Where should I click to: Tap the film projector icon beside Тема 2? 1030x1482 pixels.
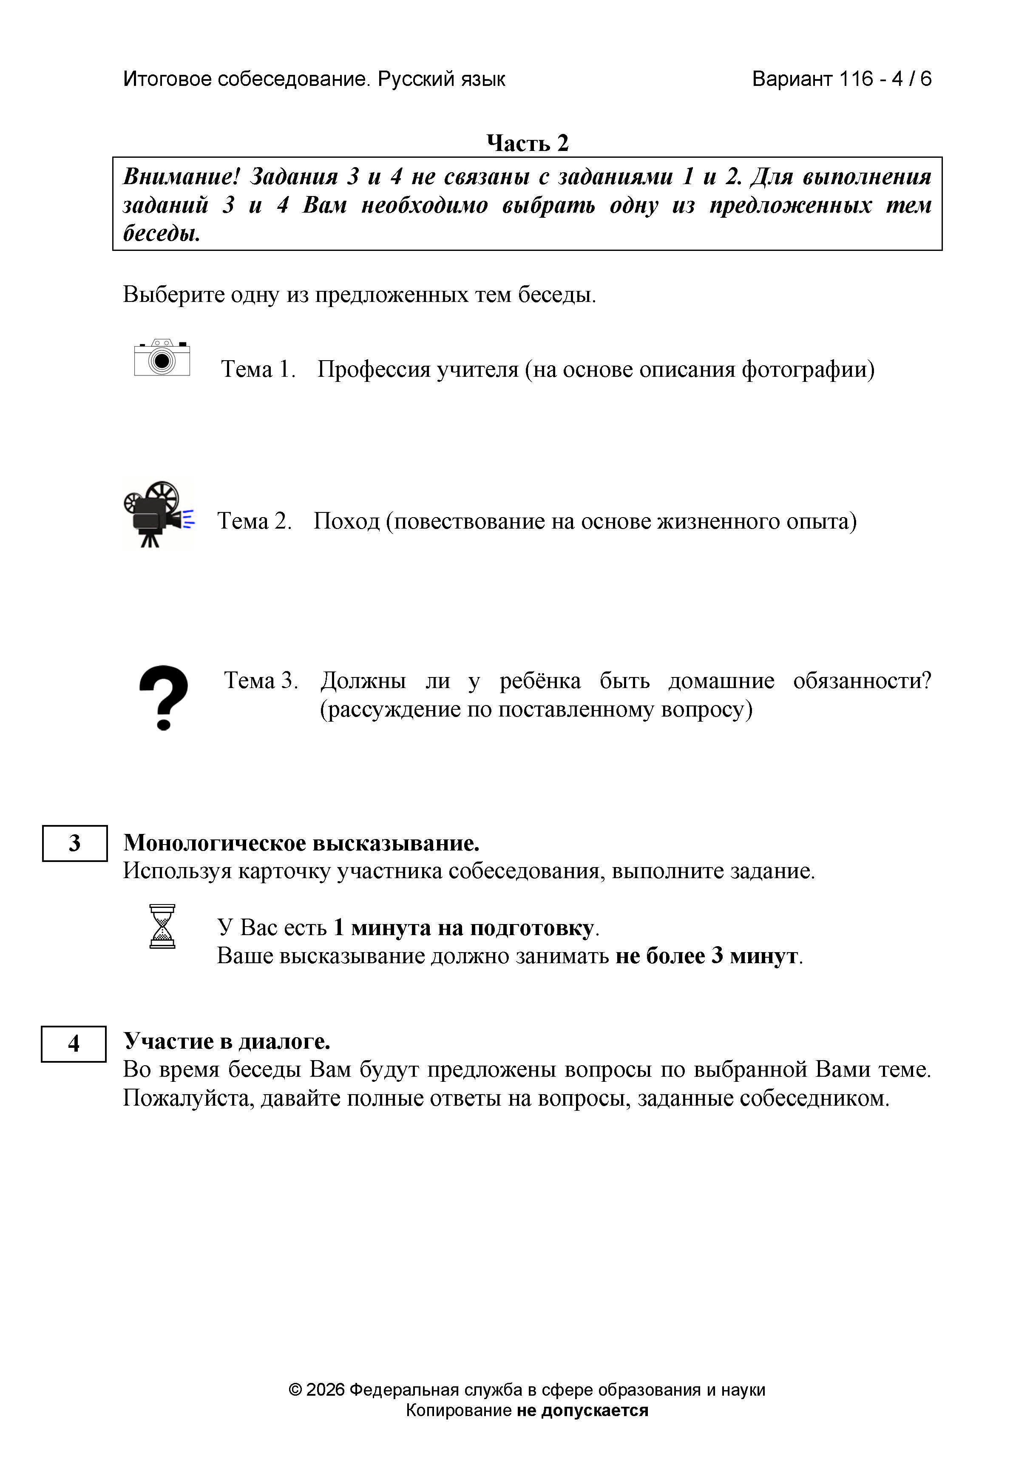pos(158,515)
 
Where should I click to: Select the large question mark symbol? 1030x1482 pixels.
pos(164,698)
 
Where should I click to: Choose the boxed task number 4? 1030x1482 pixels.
pos(74,1044)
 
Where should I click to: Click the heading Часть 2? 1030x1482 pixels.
pos(527,142)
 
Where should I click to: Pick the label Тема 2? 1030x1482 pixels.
pos(254,521)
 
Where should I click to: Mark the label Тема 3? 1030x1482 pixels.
pos(261,680)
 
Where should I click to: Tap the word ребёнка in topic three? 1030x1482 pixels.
pos(540,680)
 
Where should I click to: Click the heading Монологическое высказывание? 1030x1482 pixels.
pos(301,843)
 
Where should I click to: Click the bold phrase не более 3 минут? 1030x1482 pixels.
pos(707,956)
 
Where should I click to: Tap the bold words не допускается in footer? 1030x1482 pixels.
pos(582,1411)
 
